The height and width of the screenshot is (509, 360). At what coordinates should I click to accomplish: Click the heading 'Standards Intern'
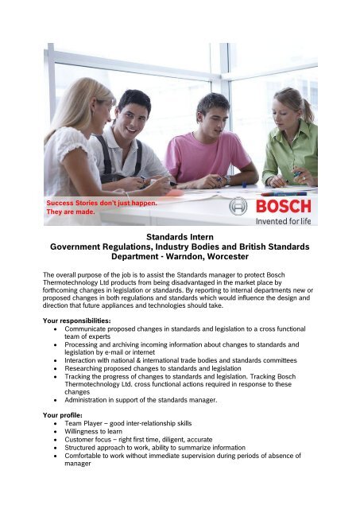(180, 236)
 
